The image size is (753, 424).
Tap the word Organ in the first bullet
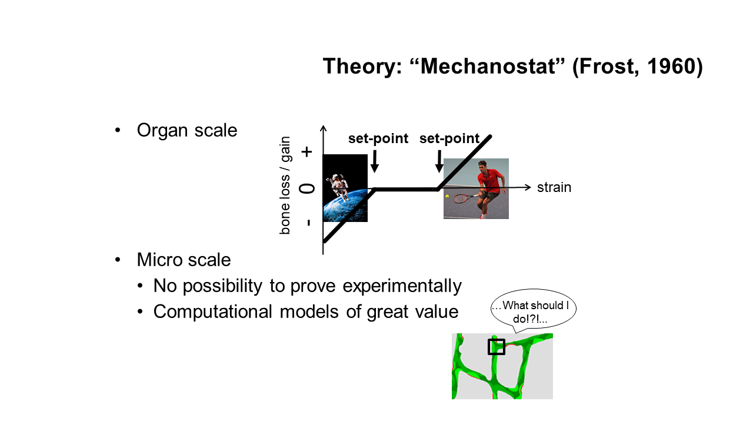(162, 131)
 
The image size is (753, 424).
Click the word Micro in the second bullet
(159, 260)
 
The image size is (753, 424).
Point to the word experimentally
(402, 286)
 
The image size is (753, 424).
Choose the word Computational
(212, 312)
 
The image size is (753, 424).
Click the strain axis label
(554, 187)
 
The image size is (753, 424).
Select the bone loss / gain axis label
(285, 185)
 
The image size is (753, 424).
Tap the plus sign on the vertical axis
(306, 153)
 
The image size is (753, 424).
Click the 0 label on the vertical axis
(307, 188)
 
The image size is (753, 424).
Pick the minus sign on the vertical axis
(309, 223)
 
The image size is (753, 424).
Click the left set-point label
(378, 138)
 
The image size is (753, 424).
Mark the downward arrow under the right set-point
(439, 161)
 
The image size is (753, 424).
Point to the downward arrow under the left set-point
(375, 161)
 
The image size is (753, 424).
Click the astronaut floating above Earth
(338, 187)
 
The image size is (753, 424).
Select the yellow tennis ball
(447, 196)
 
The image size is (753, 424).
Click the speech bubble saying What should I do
(533, 310)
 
